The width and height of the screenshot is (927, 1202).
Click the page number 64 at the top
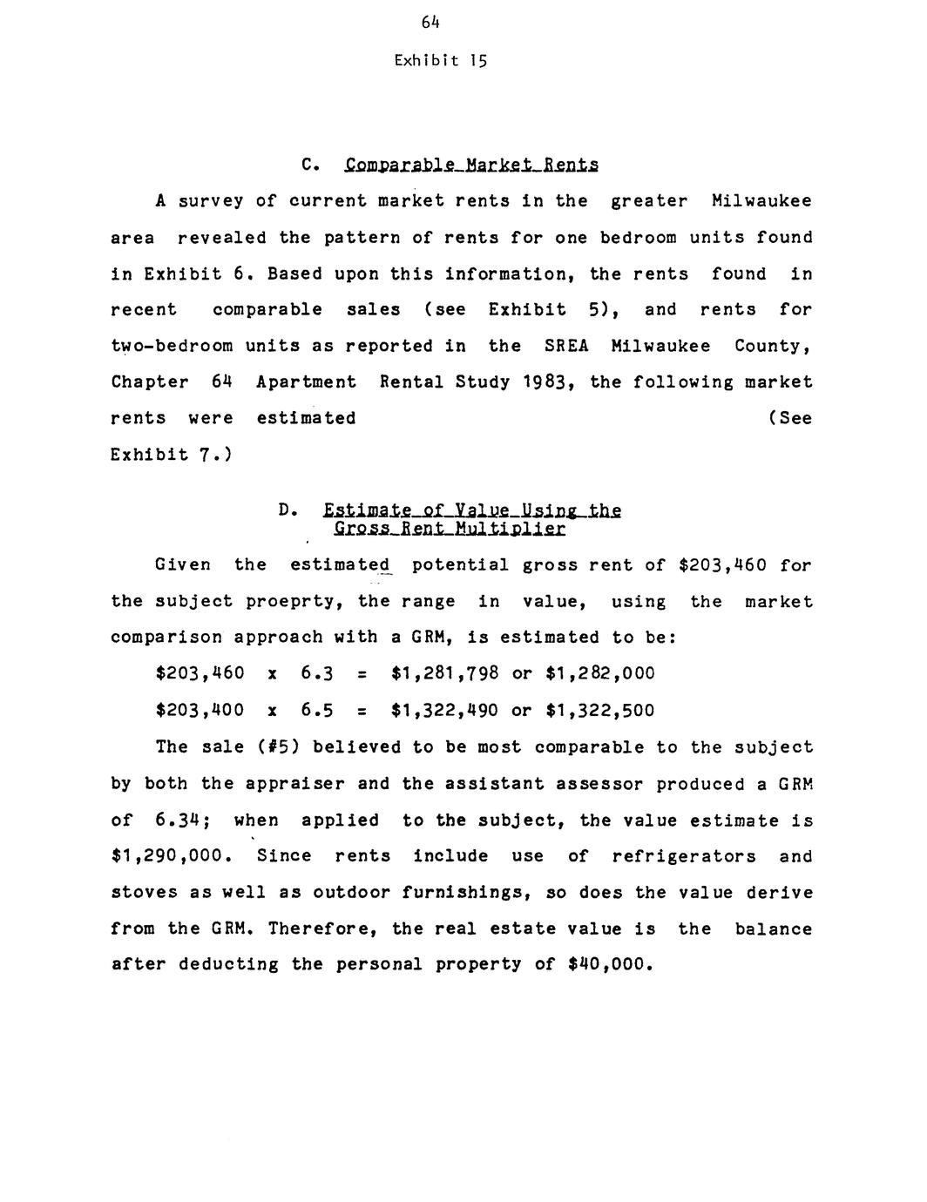430,24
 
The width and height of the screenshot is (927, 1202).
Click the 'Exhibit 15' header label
440,61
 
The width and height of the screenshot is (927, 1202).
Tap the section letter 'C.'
307,165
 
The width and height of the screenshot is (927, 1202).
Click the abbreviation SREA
566,346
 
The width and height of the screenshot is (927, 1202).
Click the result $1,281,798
444,673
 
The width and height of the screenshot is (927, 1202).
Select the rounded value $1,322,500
599,710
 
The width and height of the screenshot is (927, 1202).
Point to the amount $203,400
200,710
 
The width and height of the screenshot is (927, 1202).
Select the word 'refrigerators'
684,856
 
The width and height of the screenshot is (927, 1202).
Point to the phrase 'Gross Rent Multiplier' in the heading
450,529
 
